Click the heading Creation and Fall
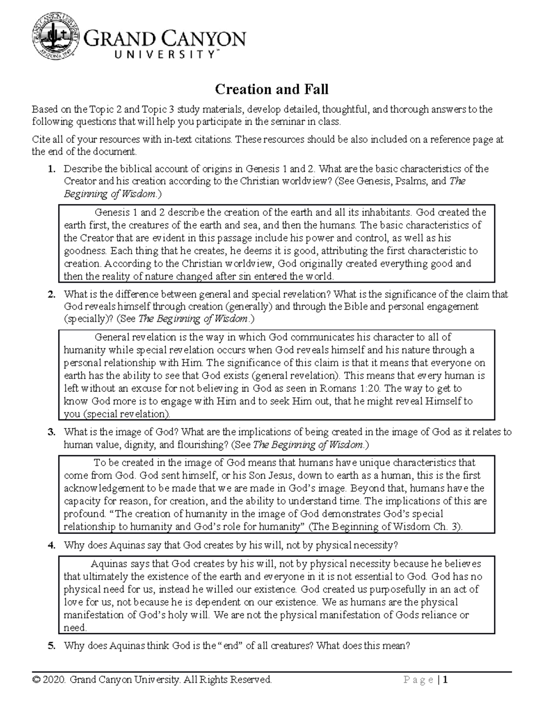[272, 89]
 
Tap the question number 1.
[52, 169]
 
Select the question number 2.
[52, 294]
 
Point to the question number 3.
[52, 432]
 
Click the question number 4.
[52, 545]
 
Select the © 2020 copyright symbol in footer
[36, 680]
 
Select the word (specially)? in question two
[88, 319]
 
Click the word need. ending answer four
[75, 628]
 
